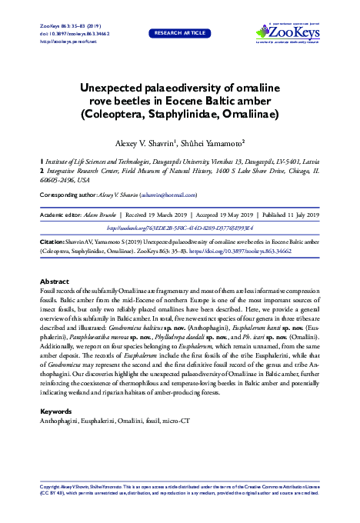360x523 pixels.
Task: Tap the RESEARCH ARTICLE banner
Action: tap(180, 34)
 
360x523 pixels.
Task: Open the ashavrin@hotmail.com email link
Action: tap(169, 196)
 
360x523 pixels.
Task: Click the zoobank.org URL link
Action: tap(180, 228)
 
